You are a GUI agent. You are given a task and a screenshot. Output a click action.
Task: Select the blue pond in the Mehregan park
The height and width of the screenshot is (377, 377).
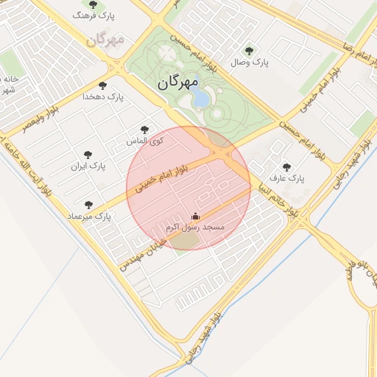tap(200, 98)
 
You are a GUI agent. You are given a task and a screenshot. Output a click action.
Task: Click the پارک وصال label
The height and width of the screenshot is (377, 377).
tap(250, 63)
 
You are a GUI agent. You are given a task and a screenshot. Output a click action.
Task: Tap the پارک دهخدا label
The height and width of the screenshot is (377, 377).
tap(104, 96)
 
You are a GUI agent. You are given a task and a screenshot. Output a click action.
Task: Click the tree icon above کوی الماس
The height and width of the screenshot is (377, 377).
tap(144, 130)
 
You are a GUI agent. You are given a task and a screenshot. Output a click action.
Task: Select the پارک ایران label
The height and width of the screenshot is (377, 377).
tap(88, 166)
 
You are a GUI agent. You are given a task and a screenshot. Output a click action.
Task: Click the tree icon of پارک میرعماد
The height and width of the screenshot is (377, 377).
tap(89, 205)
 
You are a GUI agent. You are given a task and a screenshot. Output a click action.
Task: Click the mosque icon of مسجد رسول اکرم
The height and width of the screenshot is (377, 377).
tap(195, 216)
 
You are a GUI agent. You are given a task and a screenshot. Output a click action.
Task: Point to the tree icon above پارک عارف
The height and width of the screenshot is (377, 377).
tap(286, 166)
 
